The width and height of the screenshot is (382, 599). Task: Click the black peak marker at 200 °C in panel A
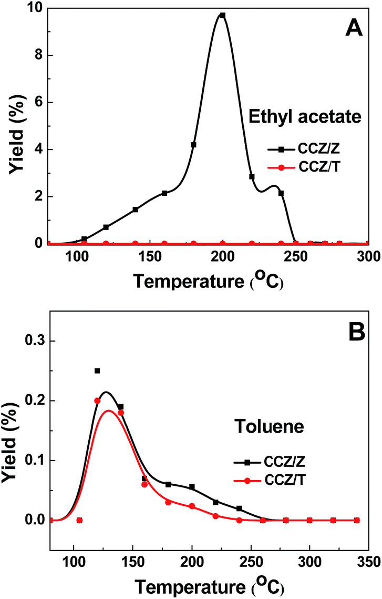tap(223, 15)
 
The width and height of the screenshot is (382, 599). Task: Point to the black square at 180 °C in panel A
tap(193, 145)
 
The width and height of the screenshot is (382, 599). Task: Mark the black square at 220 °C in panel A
tap(252, 176)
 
